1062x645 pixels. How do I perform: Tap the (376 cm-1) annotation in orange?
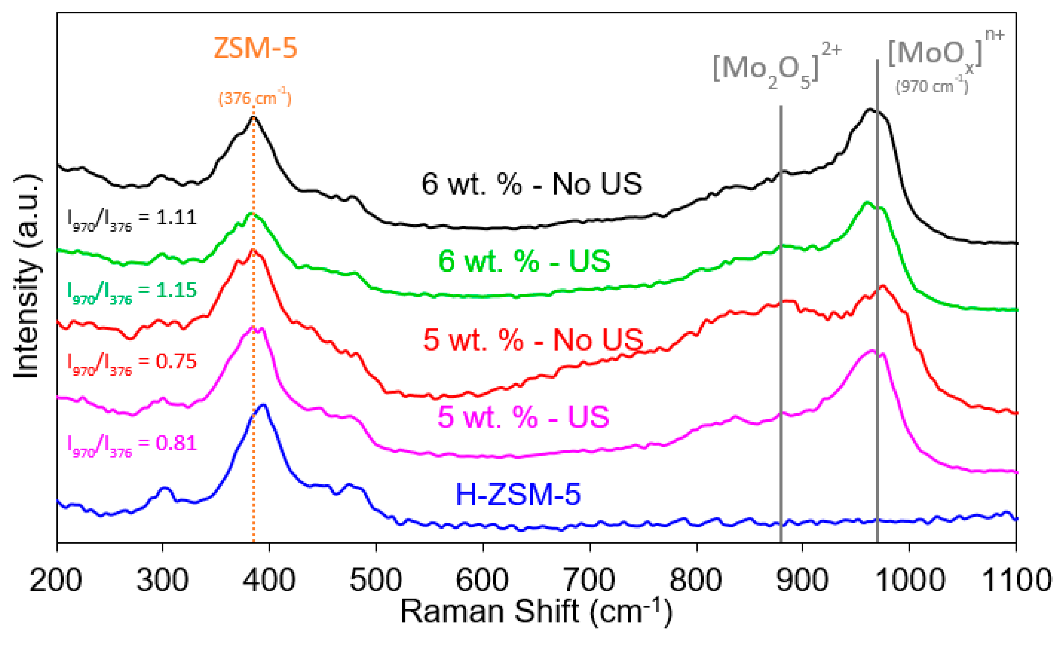tap(255, 98)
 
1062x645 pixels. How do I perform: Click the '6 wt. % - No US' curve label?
tap(531, 184)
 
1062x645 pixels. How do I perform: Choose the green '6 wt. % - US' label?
tap(524, 261)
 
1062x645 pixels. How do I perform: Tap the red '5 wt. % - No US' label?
tap(533, 340)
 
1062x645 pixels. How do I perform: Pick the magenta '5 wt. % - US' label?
tap(523, 417)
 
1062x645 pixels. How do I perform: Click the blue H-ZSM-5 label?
tap(518, 494)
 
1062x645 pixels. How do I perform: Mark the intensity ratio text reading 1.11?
tap(132, 219)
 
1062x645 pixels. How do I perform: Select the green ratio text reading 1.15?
tap(132, 292)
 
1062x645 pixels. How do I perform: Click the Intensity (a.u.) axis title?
tap(27, 276)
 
